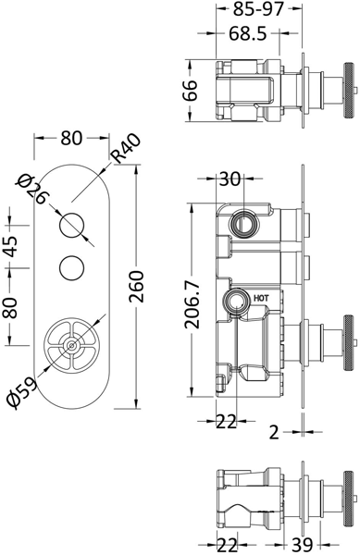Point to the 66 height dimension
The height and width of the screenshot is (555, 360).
191,91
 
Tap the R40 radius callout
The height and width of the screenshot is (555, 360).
126,148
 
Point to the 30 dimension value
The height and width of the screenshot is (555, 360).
228,179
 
